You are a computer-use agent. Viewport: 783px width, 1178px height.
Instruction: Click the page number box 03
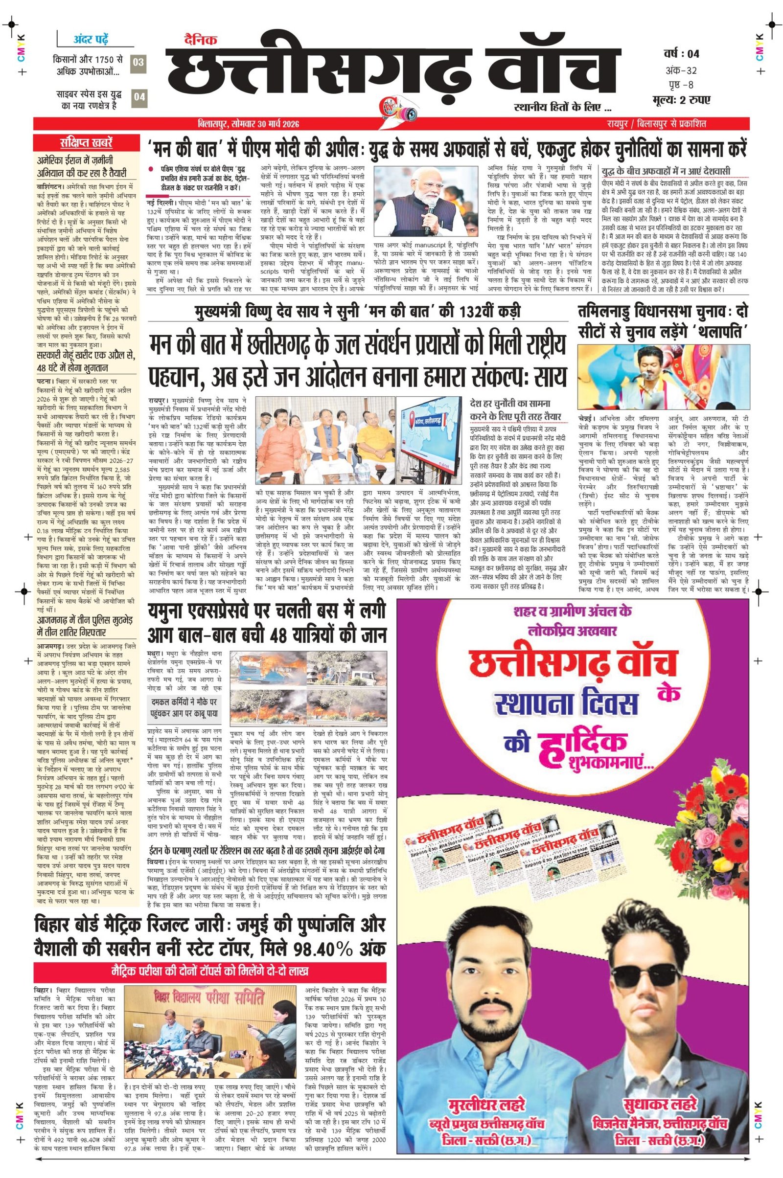point(139,63)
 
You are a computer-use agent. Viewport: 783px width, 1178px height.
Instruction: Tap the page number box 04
point(139,97)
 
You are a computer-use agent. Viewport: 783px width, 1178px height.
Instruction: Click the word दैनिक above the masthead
point(205,42)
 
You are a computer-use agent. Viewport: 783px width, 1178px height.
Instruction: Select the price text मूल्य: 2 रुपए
point(681,99)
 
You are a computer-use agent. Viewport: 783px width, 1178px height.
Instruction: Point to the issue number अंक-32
point(681,69)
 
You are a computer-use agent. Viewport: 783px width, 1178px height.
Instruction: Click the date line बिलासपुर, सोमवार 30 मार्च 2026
point(248,124)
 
